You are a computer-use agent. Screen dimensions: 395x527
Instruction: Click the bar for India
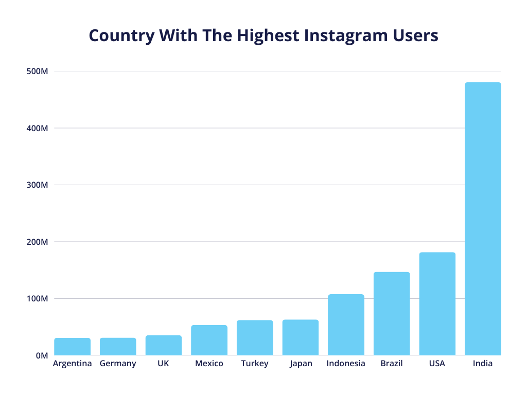coord(483,219)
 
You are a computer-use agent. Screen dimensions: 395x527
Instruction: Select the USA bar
coord(437,303)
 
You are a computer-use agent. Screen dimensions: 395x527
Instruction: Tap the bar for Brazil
coord(392,313)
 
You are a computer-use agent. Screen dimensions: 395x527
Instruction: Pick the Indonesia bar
coord(346,325)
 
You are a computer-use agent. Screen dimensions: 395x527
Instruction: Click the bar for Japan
coord(301,337)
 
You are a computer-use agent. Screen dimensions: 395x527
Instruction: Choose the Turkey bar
coord(255,337)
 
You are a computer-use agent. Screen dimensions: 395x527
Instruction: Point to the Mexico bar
coord(209,340)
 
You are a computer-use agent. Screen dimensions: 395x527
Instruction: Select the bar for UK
coord(164,345)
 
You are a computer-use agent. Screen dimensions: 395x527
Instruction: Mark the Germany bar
coord(118,346)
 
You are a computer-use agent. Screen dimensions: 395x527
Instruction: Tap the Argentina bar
coord(73,346)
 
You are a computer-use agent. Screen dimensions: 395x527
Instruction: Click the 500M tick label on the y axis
coord(37,71)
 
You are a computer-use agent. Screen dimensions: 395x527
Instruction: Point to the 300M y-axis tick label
coord(37,185)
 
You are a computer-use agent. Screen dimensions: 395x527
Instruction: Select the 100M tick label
coord(37,299)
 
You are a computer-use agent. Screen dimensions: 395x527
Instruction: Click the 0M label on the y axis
coord(42,355)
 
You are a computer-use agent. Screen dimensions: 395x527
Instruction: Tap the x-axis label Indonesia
coord(346,364)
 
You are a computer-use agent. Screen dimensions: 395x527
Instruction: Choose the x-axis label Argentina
coord(73,364)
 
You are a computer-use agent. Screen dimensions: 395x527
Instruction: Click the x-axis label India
coord(483,364)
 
